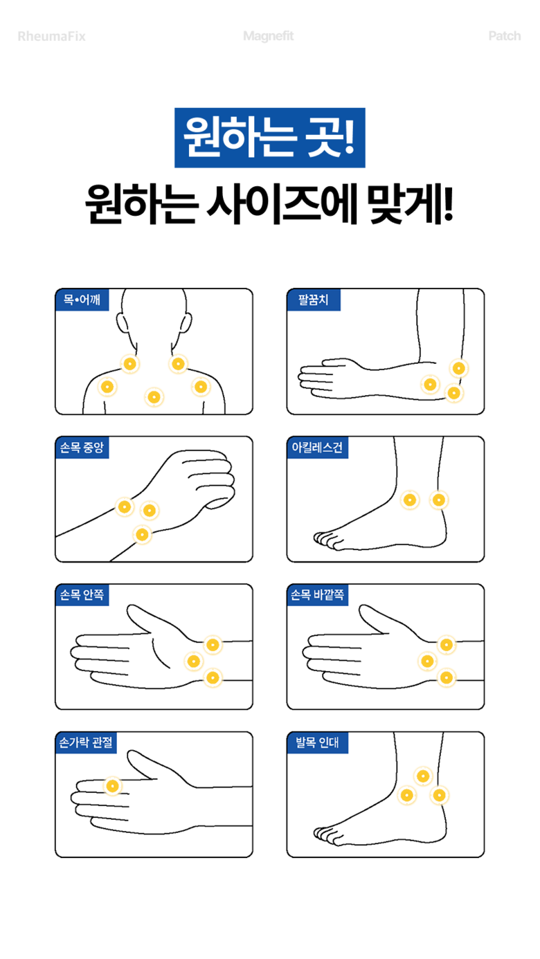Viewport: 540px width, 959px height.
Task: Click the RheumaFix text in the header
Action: tap(51, 37)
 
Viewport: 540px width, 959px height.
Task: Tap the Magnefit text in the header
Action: tap(269, 36)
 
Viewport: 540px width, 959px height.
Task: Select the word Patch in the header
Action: tap(505, 36)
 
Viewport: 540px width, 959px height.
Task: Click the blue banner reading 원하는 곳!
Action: tap(270, 138)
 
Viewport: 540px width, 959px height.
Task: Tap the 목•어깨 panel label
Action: tap(82, 300)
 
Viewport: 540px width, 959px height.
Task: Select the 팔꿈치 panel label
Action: tap(314, 300)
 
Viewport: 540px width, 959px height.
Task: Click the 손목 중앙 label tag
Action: tap(82, 448)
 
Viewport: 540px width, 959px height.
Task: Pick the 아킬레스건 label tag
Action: tap(317, 448)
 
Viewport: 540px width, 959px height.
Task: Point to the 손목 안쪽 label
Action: tap(82, 594)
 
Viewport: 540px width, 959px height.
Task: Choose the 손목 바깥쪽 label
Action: tap(317, 594)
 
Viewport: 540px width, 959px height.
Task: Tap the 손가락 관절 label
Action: tap(86, 742)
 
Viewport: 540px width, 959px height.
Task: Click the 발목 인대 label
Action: tap(317, 742)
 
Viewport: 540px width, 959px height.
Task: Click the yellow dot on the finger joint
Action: tap(113, 786)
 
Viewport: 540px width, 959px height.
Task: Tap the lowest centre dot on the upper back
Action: tap(154, 397)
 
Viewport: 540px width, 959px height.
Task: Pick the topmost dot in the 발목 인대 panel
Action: tap(423, 776)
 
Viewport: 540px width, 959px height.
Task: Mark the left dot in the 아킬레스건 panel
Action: tap(410, 500)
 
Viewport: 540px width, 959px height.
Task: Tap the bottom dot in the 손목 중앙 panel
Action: tap(142, 534)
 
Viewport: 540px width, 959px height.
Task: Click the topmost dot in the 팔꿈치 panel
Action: tap(458, 368)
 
